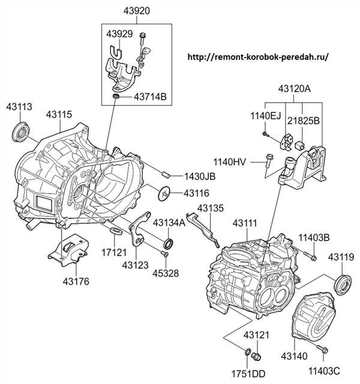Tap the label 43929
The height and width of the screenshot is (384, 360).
click(121, 35)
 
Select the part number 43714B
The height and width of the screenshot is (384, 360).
click(150, 96)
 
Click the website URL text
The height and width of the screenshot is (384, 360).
click(259, 57)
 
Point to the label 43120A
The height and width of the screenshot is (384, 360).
click(294, 89)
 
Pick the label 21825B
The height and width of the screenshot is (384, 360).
click(304, 121)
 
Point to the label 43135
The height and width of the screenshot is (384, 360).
click(210, 209)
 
